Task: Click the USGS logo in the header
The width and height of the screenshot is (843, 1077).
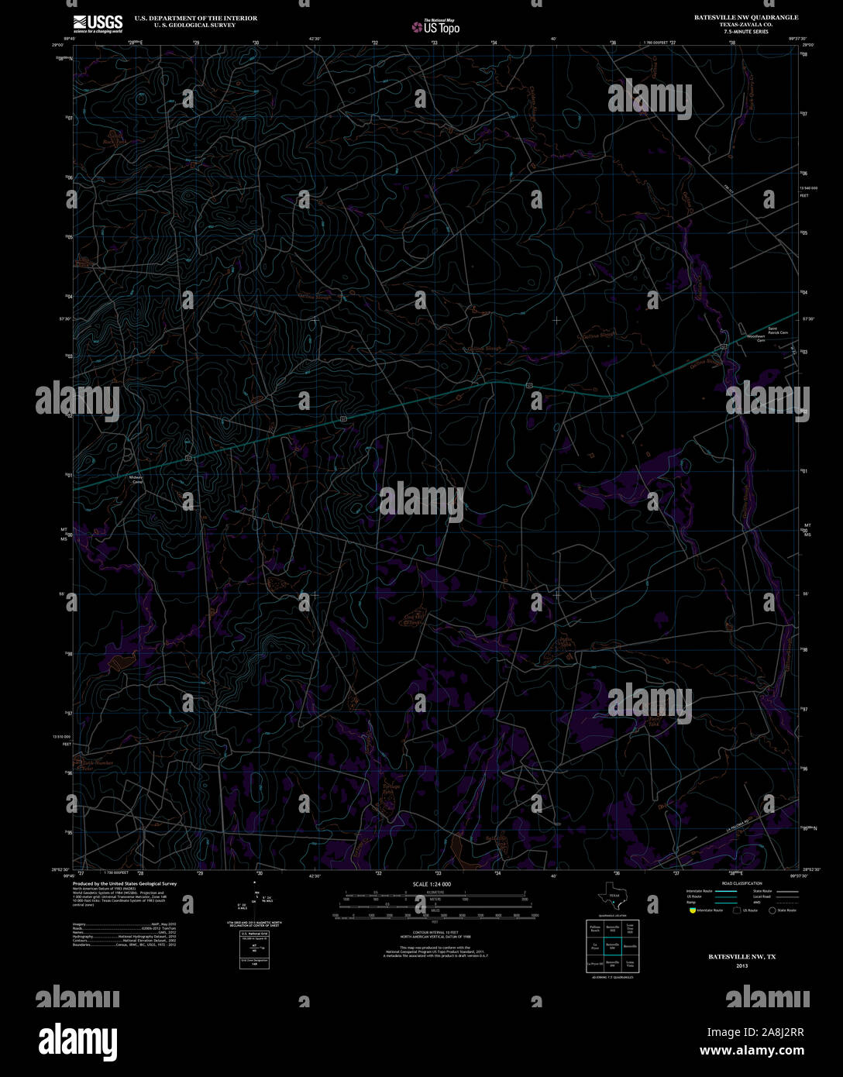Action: tap(98, 22)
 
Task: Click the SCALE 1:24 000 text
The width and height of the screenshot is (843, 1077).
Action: tap(432, 884)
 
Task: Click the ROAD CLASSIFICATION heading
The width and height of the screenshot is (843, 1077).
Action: tap(741, 883)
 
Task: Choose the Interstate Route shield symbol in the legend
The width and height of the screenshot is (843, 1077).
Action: tap(691, 910)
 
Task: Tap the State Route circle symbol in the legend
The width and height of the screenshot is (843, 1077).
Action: tap(772, 910)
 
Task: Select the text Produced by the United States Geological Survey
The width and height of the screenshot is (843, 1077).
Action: tap(124, 883)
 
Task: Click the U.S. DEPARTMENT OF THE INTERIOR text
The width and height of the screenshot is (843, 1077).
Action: tap(195, 18)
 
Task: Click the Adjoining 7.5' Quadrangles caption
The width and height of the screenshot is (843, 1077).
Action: tap(611, 978)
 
